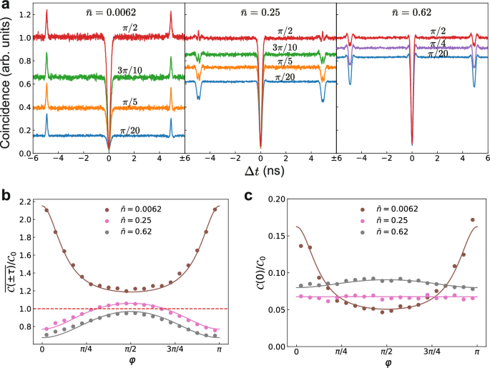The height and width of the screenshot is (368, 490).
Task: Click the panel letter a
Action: click(x=5, y=5)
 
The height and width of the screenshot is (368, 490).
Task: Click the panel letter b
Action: click(x=5, y=194)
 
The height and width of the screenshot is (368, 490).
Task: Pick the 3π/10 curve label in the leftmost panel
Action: click(x=133, y=70)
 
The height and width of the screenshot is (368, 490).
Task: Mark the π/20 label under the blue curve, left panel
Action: click(x=130, y=129)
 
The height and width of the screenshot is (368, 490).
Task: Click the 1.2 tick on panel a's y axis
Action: click(x=24, y=14)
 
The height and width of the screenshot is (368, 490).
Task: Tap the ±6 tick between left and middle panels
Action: click(x=185, y=160)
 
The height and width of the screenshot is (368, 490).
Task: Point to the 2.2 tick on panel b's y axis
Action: click(x=24, y=202)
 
